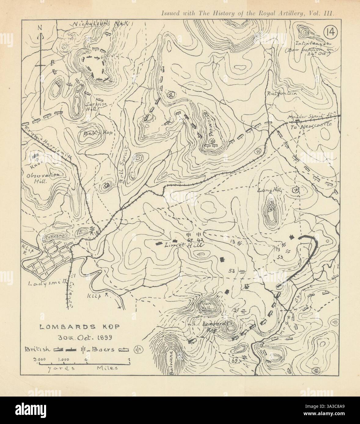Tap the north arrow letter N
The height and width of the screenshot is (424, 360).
click(x=40, y=27)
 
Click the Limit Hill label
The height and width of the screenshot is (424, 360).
click(x=180, y=245)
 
